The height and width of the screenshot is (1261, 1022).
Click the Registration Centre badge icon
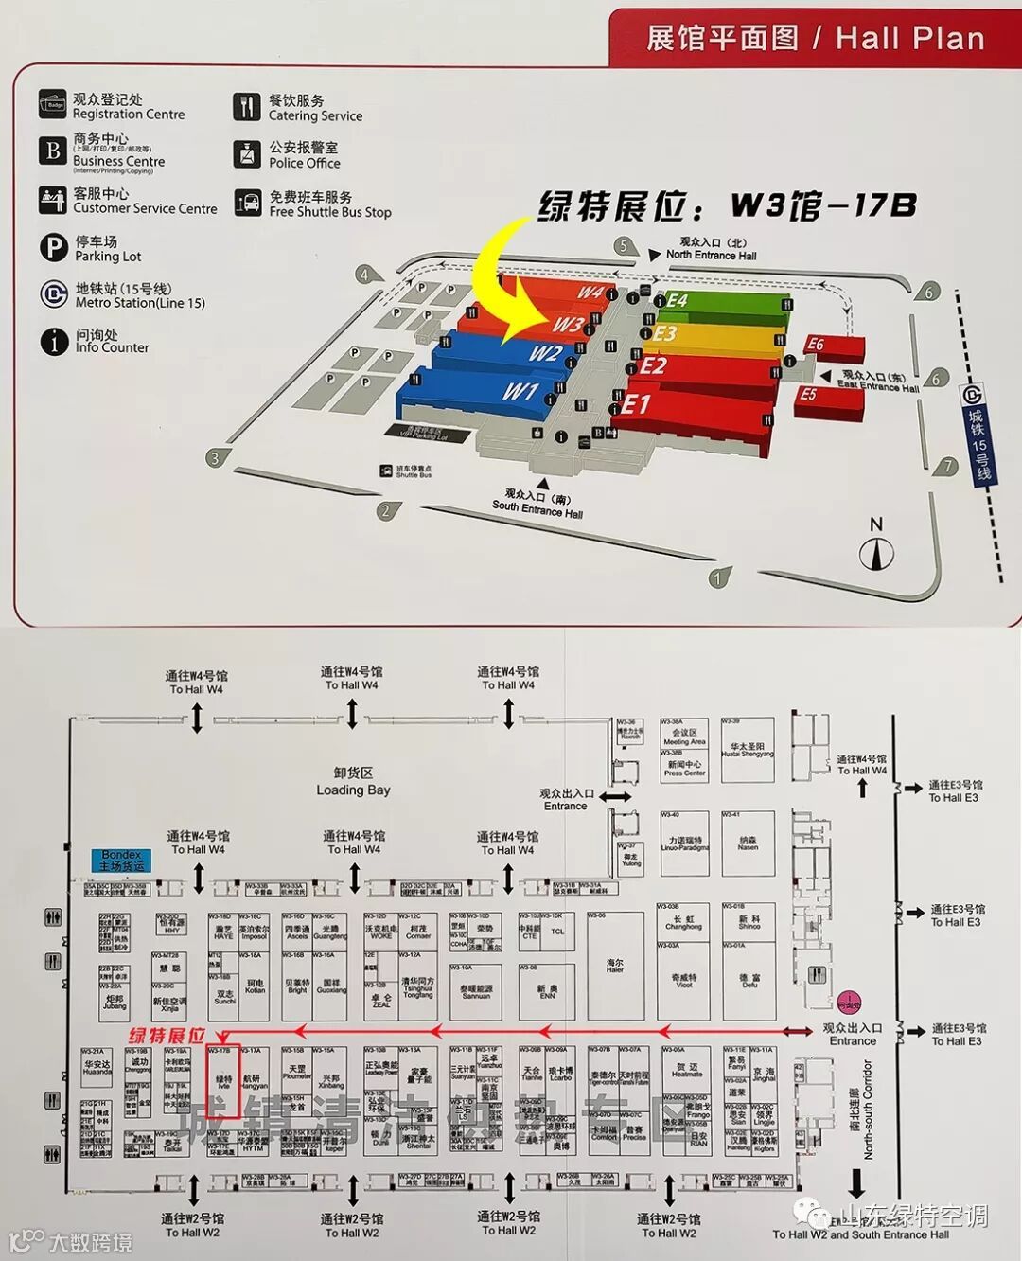(53, 105)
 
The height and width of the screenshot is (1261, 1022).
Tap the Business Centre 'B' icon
(53, 151)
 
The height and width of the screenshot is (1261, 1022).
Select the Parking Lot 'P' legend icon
(53, 248)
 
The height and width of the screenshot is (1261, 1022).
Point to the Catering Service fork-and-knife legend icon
(247, 107)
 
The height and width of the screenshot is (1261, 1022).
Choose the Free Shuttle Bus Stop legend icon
(247, 204)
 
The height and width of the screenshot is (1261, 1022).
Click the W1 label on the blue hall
(520, 391)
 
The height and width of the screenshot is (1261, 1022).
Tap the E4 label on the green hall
(677, 301)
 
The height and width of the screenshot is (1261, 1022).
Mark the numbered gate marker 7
(947, 466)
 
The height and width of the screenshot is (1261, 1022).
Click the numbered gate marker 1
(719, 577)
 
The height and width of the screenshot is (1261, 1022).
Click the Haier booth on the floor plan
(615, 966)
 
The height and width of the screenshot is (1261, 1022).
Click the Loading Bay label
(353, 782)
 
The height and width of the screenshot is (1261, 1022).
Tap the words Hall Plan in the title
(910, 38)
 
